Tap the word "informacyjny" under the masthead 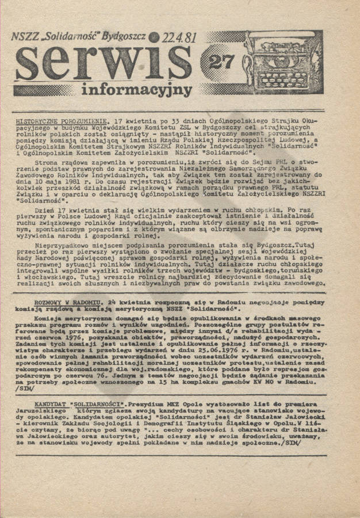tap(136, 89)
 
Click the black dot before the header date tap(153, 37)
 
